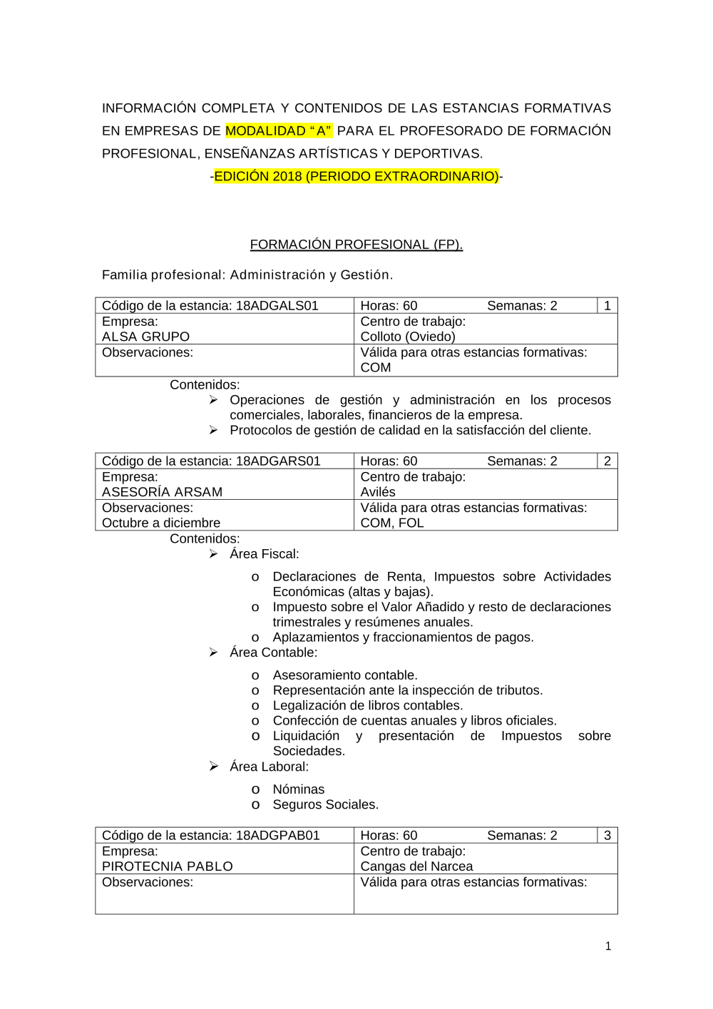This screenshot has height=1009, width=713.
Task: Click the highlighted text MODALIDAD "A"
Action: (x=279, y=130)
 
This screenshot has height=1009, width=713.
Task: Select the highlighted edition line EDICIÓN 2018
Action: (x=356, y=176)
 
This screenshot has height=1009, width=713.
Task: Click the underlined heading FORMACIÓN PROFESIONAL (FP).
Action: (x=356, y=245)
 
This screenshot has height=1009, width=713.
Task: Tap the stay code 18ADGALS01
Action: (x=277, y=306)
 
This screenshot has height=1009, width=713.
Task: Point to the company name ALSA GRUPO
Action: (x=145, y=337)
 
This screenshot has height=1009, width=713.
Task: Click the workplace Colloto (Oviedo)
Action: (x=408, y=337)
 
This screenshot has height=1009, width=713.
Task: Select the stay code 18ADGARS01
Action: (x=278, y=461)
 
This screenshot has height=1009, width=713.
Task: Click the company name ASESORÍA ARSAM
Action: (x=162, y=492)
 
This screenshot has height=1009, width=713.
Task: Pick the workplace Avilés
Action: (x=378, y=492)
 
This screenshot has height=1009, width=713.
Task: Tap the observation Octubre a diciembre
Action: (x=161, y=523)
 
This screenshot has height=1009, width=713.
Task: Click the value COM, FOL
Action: (x=392, y=523)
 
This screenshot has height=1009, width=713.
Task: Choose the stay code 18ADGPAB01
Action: (x=278, y=836)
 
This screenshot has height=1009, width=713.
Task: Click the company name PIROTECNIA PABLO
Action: (x=167, y=866)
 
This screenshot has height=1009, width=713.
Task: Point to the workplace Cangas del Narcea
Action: (x=416, y=866)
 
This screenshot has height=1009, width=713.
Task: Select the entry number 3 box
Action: (x=607, y=836)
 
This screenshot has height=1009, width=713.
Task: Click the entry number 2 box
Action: (x=607, y=461)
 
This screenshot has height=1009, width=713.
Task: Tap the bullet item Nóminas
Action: (x=298, y=789)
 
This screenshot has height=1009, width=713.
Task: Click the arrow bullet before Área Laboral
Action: (x=213, y=767)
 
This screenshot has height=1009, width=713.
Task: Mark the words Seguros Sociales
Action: (x=325, y=804)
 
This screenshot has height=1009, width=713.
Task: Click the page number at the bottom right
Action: (x=608, y=946)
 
